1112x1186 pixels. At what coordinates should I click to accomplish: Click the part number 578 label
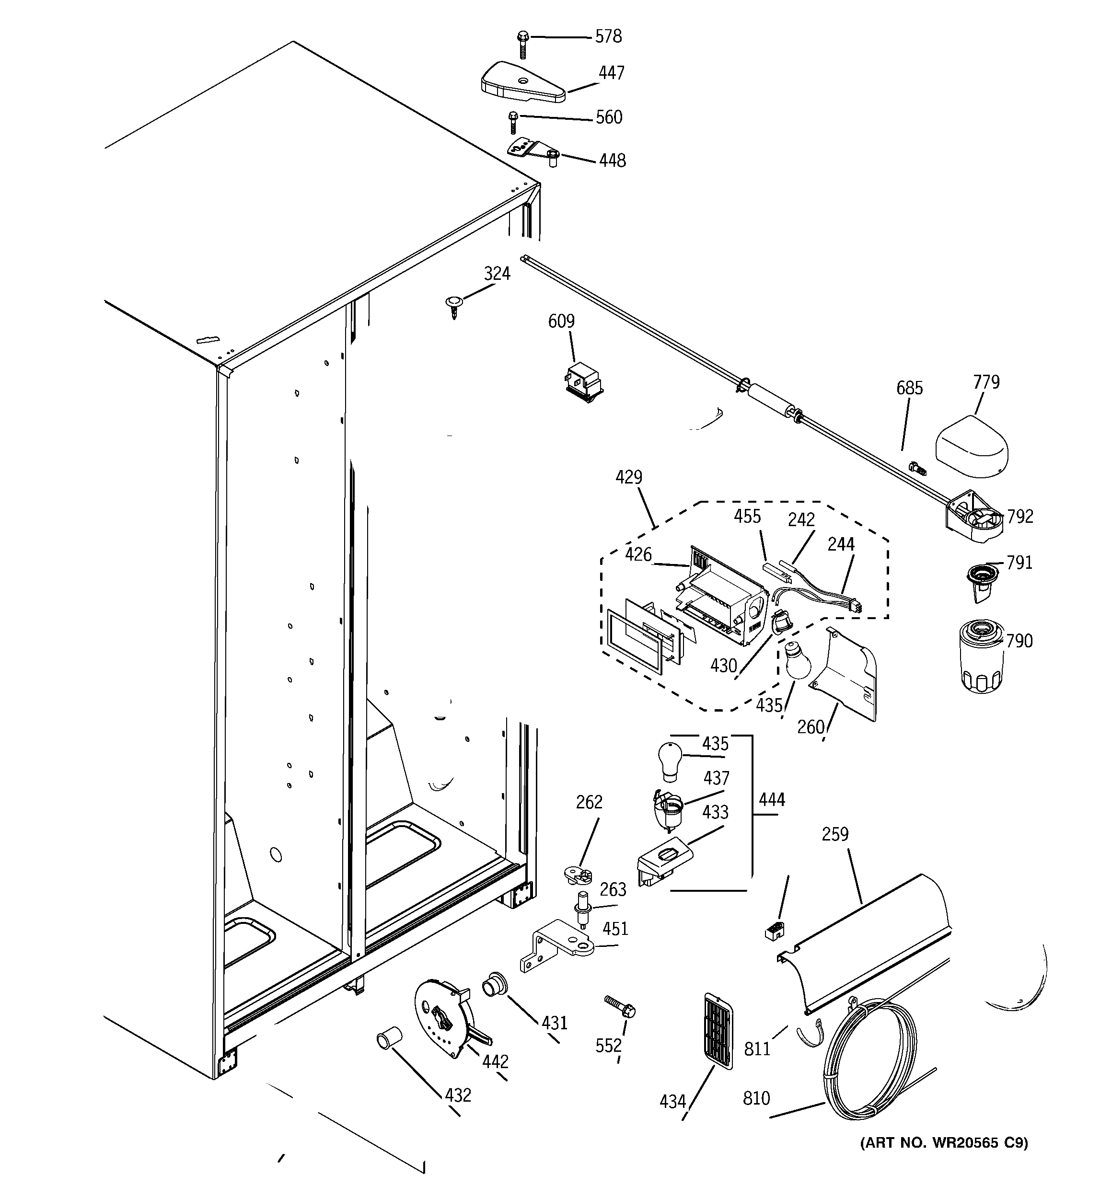coord(608,36)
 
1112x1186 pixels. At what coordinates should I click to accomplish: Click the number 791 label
coord(1019,563)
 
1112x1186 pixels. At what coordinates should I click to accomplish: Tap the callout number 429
coord(628,477)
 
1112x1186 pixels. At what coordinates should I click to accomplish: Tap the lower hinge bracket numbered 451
coord(558,945)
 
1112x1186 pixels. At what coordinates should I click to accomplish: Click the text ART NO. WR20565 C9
coord(944,1142)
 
